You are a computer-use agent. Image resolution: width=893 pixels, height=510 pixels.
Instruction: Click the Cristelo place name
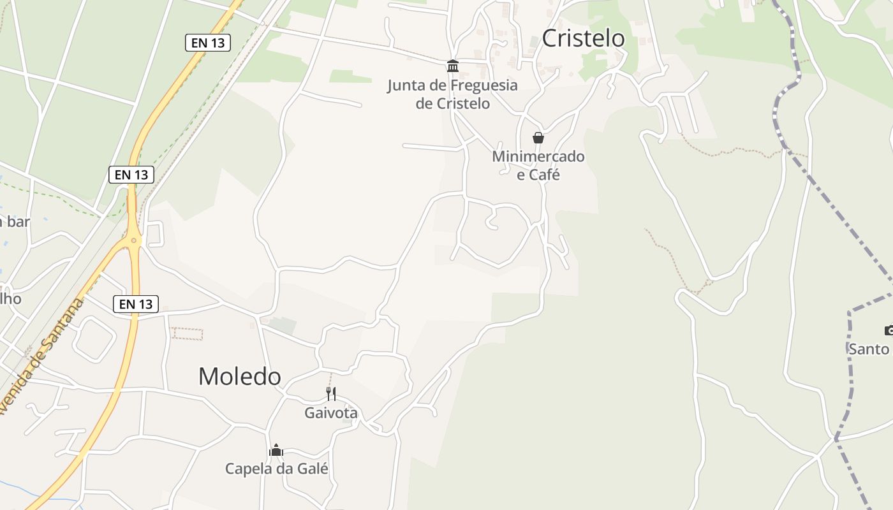pos(583,38)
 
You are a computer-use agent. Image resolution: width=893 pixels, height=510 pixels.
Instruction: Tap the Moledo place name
pos(239,376)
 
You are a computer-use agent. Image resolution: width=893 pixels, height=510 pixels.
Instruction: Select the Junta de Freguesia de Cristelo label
pos(452,94)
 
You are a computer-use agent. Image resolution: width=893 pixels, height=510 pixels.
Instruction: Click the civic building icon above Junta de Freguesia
pos(453,66)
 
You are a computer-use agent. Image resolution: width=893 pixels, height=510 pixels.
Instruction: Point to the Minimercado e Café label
pos(538,165)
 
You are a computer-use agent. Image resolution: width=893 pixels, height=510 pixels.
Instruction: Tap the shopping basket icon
pos(538,138)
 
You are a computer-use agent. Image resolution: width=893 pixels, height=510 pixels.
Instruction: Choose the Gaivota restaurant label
pos(330,413)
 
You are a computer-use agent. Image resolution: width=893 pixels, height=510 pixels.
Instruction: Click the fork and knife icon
pos(330,393)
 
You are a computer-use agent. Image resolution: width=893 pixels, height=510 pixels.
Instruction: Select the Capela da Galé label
pos(276,469)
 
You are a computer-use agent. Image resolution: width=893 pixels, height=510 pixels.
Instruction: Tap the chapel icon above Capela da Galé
pos(276,450)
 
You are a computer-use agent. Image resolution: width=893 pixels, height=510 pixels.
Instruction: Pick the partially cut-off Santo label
pos(869,349)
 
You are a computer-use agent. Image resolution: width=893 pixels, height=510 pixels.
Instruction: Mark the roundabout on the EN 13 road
pos(133,241)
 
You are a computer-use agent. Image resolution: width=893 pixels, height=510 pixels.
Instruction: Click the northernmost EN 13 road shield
pos(208,43)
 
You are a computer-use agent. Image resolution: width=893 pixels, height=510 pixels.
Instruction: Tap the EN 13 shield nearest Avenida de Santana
pos(135,304)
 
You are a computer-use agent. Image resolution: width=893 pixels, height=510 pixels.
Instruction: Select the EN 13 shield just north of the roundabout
pos(131,174)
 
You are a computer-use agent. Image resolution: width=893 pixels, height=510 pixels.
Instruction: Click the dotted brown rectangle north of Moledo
pos(187,333)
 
